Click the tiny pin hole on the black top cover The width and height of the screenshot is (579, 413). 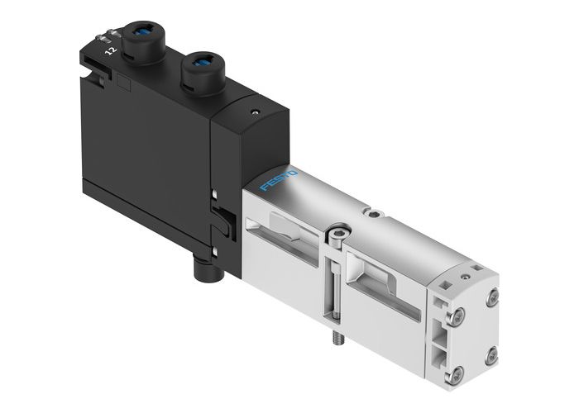click(x=253, y=109)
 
